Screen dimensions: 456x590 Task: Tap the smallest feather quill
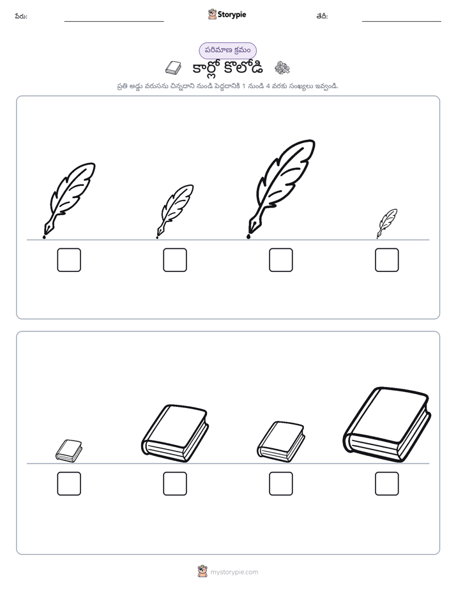[387, 223]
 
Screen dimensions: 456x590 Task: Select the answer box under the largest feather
[280, 260]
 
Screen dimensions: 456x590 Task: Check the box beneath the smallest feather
[387, 260]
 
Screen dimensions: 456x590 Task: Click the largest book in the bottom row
[387, 425]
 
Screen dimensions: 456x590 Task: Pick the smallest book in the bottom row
[69, 450]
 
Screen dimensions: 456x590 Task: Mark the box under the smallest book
[69, 483]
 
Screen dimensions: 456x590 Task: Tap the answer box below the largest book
[387, 483]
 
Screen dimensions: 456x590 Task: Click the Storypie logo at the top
[227, 14]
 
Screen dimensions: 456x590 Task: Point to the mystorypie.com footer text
[234, 572]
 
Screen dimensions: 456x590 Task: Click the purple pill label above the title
[227, 50]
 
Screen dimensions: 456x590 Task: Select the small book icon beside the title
[173, 68]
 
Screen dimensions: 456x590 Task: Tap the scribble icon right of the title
[282, 68]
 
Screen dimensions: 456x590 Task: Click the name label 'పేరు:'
[21, 16]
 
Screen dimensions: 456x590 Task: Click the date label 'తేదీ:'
[322, 16]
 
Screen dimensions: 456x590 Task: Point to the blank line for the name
[114, 22]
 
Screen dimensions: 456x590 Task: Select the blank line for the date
[402, 22]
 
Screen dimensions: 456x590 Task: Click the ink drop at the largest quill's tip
[248, 236]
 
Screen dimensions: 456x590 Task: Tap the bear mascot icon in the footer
[202, 571]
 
